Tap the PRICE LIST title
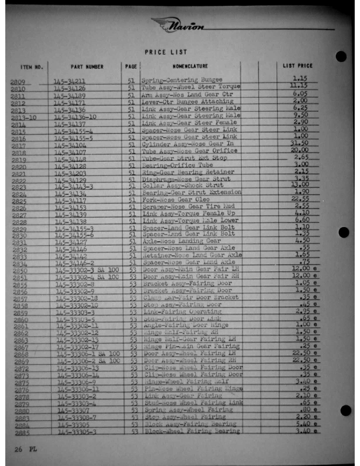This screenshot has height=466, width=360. coord(166,52)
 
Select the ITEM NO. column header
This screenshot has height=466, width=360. coord(32,67)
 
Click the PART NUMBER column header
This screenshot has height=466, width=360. coord(87,67)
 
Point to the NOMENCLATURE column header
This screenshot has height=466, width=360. coord(189,66)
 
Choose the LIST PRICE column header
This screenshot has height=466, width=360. coord(298,66)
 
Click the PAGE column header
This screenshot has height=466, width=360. coord(131,67)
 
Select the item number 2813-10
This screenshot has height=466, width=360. coord(24,118)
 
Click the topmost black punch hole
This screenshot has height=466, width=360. coord(340,56)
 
